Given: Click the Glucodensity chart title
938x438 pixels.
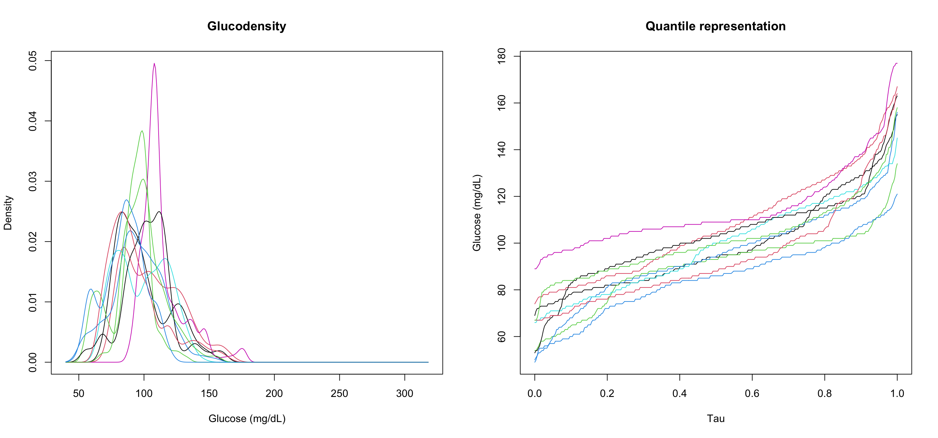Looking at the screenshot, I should point(247,26).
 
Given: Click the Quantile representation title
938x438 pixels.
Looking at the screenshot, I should point(715,26).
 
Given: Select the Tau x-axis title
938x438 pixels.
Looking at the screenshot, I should point(716,418).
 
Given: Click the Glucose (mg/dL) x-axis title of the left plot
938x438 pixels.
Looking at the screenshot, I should point(247,418).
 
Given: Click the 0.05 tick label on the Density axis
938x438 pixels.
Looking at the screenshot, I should point(33,61).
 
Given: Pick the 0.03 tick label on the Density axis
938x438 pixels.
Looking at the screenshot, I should point(33,182).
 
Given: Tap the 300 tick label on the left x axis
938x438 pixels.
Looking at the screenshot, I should point(404,394).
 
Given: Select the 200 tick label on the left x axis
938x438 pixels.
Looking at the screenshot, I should point(274,394).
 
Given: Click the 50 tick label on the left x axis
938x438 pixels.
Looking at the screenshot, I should point(78,394).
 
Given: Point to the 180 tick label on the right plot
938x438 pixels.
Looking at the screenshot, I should point(502,56).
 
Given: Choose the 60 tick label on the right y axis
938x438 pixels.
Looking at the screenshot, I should point(502,337).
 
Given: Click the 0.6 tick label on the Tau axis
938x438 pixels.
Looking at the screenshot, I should point(752,394).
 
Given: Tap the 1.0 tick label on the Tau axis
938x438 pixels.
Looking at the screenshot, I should point(897,394).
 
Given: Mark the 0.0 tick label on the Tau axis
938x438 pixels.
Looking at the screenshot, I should point(534,394).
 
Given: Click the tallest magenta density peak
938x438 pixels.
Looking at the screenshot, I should point(154,64).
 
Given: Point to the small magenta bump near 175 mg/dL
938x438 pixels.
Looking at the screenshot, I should point(242,349).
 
